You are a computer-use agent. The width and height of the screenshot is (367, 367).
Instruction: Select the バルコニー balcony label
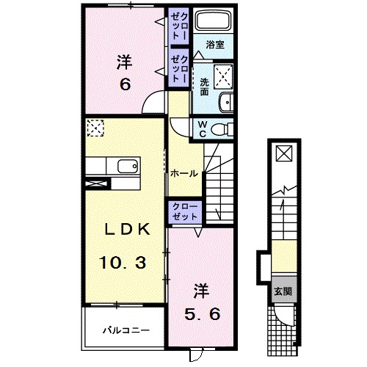pyautogui.click(x=126, y=330)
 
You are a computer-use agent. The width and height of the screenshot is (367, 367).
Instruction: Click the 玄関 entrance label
pyautogui.click(x=283, y=291)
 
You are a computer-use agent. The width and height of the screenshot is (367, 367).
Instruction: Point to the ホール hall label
pyautogui.click(x=183, y=174)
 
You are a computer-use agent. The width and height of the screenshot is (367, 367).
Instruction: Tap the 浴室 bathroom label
pyautogui.click(x=214, y=45)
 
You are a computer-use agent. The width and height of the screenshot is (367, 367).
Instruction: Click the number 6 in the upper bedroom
pyautogui.click(x=126, y=85)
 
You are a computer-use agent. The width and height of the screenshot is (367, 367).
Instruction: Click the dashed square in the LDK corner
pyautogui.click(x=95, y=128)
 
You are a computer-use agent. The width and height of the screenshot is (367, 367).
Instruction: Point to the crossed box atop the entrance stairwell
pyautogui.click(x=283, y=154)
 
